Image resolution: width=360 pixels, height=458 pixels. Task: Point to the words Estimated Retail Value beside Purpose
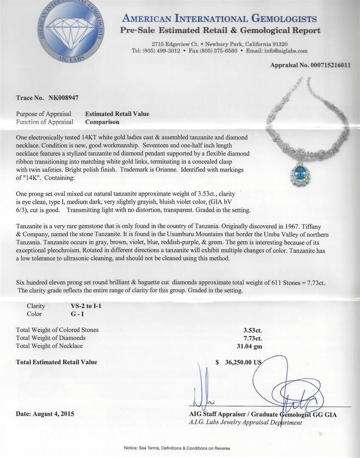click(x=117, y=114)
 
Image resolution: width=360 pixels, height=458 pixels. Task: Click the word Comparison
click(x=102, y=122)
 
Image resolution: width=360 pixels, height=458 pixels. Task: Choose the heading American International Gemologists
click(x=219, y=19)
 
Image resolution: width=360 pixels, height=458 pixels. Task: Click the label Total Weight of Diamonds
click(x=51, y=338)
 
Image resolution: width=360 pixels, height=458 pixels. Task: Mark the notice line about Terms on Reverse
click(x=180, y=448)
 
